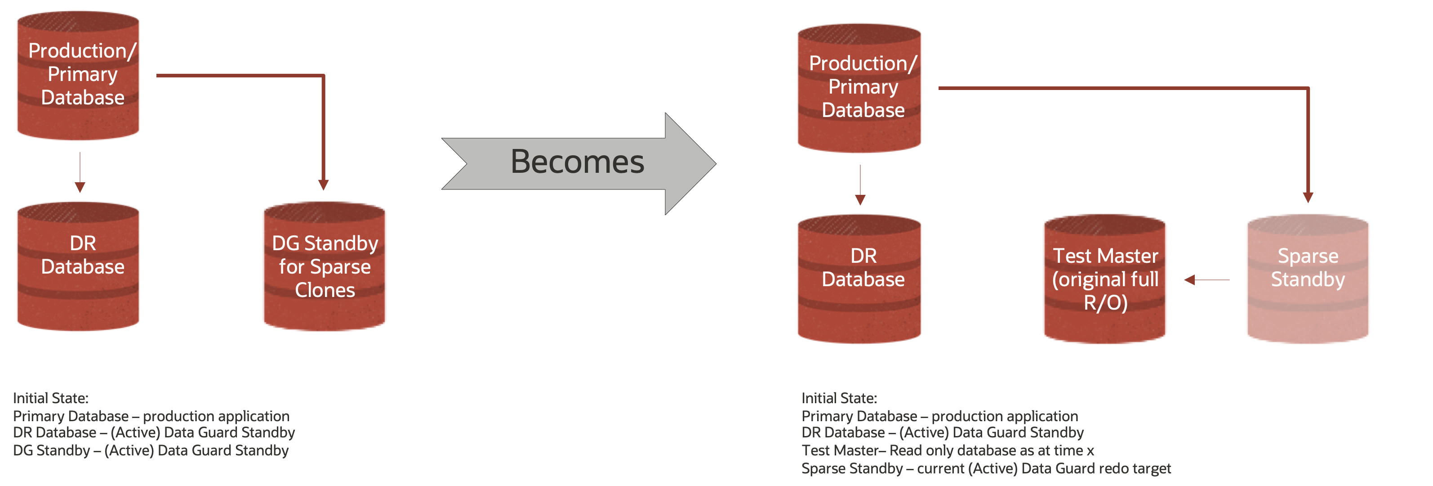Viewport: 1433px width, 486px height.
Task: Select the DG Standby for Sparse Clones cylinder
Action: (325, 267)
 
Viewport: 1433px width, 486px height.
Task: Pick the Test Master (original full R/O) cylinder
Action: (1105, 279)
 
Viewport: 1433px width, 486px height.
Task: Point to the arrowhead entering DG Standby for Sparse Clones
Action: (323, 185)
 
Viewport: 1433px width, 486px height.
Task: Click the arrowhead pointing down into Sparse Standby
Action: (1308, 197)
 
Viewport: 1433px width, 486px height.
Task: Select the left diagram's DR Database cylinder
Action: (78, 267)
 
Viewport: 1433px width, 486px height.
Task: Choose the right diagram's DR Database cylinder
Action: (859, 279)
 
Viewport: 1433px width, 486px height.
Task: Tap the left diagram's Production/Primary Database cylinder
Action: (78, 75)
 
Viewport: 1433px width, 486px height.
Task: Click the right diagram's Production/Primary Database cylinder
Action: (859, 88)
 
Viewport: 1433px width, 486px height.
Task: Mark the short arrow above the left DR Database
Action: (80, 173)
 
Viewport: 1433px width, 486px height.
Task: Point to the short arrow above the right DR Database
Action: (860, 185)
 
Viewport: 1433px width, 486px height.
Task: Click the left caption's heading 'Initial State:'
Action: (51, 399)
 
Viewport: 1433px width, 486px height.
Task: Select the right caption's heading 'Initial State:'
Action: (839, 399)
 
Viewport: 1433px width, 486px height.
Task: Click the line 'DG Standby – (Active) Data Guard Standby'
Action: (151, 450)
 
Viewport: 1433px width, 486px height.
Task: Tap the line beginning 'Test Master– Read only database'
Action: (948, 450)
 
